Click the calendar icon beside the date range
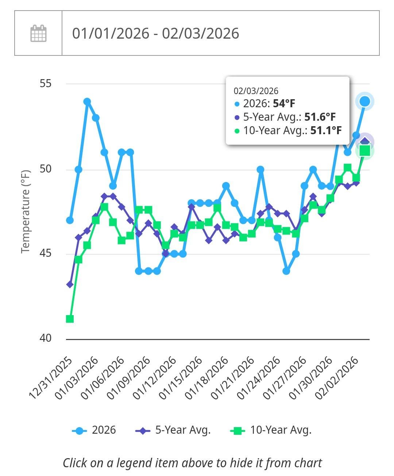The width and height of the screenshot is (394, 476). (x=38, y=33)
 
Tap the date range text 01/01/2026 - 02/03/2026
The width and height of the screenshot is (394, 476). (x=155, y=33)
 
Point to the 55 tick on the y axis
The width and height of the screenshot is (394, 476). (x=46, y=84)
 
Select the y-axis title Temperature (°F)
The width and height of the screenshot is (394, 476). (x=25, y=212)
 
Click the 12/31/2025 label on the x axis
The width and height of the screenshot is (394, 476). (x=51, y=378)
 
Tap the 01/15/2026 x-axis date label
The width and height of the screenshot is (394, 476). (x=181, y=378)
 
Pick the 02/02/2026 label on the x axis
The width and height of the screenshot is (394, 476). (x=336, y=378)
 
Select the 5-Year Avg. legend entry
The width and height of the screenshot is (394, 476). (x=173, y=430)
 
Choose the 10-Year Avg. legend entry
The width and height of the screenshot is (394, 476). (x=271, y=430)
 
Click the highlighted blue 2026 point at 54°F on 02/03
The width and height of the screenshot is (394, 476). (x=365, y=101)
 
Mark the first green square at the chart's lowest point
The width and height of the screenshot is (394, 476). (x=70, y=319)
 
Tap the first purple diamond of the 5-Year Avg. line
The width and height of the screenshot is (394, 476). (x=70, y=284)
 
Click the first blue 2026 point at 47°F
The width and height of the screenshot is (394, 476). (x=70, y=220)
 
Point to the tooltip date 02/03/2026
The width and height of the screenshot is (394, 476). (x=256, y=91)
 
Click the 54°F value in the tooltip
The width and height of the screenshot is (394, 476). (x=284, y=104)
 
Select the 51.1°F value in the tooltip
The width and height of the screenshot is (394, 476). (x=326, y=131)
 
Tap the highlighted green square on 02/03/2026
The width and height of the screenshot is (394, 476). (x=365, y=150)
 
